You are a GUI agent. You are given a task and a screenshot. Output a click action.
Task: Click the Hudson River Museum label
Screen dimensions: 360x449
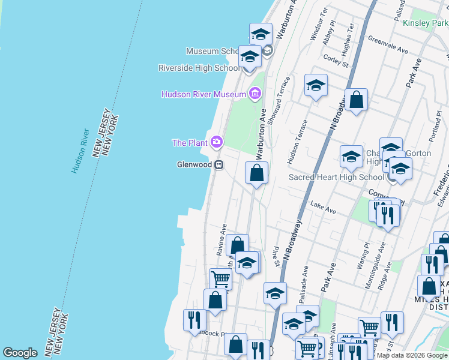(x=203, y=94)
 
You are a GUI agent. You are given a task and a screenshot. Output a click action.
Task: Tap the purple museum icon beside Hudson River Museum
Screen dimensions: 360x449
(x=255, y=94)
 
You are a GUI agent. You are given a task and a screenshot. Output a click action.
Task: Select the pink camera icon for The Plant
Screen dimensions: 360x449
(x=217, y=142)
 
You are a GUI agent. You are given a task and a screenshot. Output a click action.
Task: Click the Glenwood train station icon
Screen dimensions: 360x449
(x=220, y=164)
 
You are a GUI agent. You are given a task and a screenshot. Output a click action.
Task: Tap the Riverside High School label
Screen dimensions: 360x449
(x=199, y=68)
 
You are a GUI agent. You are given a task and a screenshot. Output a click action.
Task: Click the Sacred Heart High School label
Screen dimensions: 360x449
(x=336, y=177)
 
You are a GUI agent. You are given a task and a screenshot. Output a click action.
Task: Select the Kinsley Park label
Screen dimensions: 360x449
(x=425, y=23)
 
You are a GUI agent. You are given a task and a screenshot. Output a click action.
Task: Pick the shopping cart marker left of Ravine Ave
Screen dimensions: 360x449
(x=220, y=278)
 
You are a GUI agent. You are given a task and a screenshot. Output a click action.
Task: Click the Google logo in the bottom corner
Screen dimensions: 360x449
(x=20, y=353)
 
